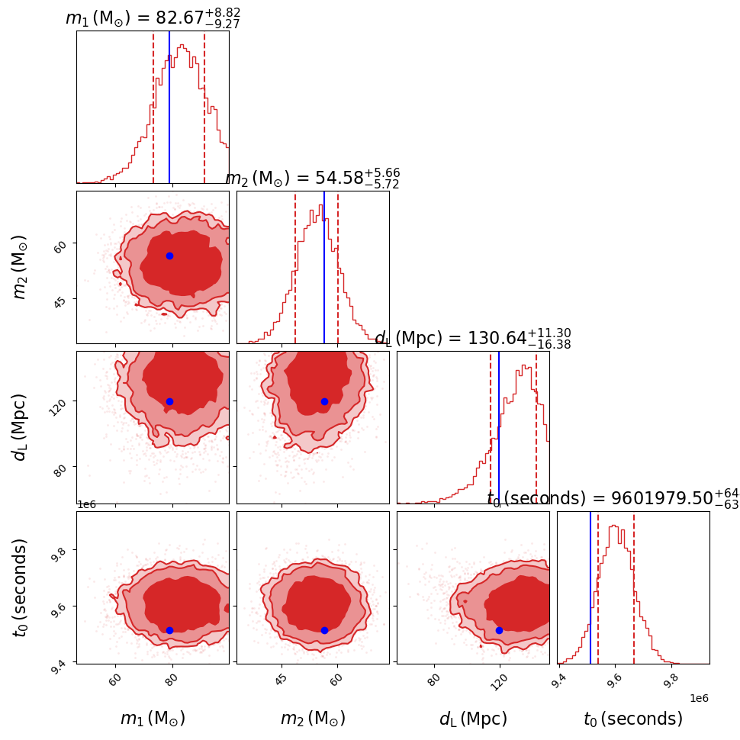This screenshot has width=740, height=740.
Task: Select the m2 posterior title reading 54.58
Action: [x=313, y=179]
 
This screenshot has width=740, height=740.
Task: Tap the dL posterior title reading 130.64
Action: [x=473, y=339]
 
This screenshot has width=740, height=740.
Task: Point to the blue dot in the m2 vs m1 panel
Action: [x=169, y=256]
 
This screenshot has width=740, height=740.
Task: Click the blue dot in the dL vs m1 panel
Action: [x=169, y=401]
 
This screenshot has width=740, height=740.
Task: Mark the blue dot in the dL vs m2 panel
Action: [x=324, y=401]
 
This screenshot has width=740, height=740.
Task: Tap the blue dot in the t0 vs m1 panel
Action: [x=169, y=630]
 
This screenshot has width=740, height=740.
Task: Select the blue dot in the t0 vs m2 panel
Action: [x=324, y=630]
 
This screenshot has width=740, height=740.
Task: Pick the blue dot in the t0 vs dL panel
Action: [x=499, y=630]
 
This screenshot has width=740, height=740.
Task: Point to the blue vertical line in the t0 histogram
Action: [x=590, y=587]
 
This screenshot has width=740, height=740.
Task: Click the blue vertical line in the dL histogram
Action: [x=499, y=427]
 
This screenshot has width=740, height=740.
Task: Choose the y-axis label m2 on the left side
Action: [x=21, y=266]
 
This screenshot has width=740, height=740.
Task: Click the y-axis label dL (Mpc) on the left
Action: [x=21, y=427]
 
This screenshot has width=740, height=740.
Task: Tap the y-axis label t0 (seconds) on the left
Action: [x=21, y=587]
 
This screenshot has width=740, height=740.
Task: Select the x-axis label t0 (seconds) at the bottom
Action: [x=633, y=719]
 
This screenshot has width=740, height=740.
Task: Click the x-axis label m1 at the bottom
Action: [x=153, y=719]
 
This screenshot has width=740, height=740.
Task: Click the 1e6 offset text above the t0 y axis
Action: [x=88, y=505]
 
